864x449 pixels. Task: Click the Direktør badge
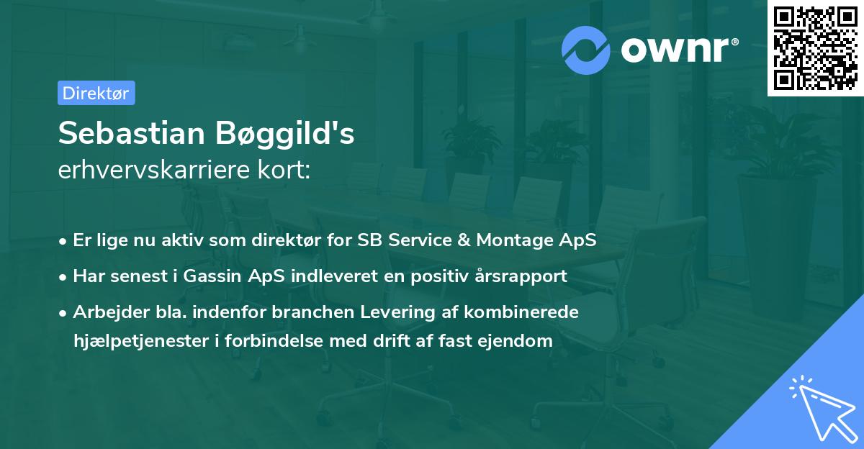coord(96,93)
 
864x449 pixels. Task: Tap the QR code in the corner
coord(815,47)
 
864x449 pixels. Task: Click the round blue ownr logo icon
coord(586,50)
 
